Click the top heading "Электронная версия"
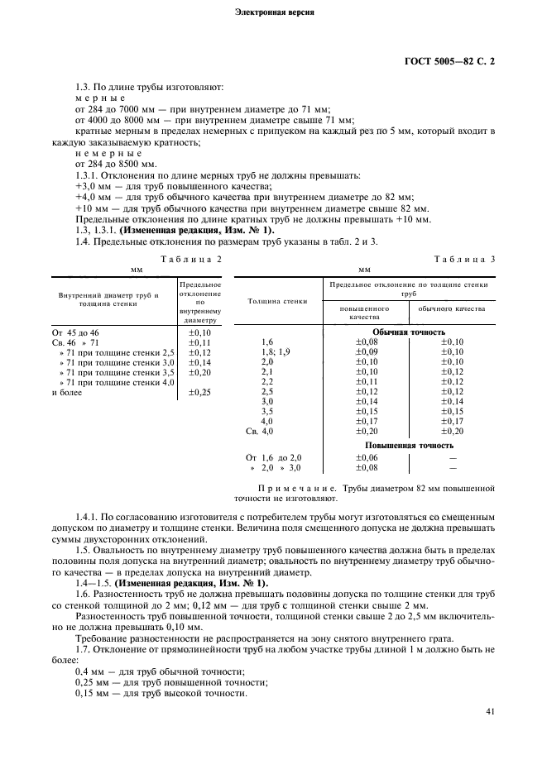[x=274, y=14]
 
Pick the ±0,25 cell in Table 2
[x=199, y=392]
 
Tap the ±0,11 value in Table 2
[x=199, y=342]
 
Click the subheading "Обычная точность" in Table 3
[x=409, y=332]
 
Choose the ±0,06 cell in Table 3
[x=367, y=457]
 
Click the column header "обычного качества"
[x=451, y=308]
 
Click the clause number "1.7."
[x=83, y=650]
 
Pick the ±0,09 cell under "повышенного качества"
[x=367, y=351]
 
